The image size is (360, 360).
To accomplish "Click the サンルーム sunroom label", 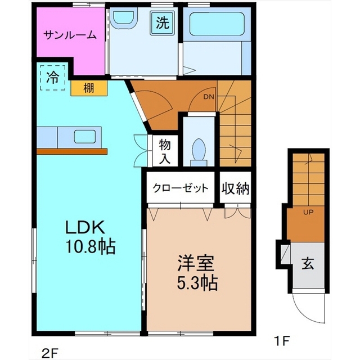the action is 70,35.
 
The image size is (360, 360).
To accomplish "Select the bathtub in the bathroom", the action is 217,24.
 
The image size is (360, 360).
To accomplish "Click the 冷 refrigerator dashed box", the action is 53,78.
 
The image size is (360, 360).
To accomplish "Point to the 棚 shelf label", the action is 89,88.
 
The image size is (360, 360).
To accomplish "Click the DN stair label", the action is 209,97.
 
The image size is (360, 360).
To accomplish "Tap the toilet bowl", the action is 199,152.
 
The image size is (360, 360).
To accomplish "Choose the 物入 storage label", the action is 165,151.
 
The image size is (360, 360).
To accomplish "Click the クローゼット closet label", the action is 181,188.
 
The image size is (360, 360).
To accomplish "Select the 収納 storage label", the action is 235,188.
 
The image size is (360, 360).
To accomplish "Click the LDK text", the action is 85,227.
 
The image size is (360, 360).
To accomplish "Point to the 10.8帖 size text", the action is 91,246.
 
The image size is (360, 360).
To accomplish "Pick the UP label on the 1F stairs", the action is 308,213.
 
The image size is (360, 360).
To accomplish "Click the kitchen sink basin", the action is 85,137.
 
